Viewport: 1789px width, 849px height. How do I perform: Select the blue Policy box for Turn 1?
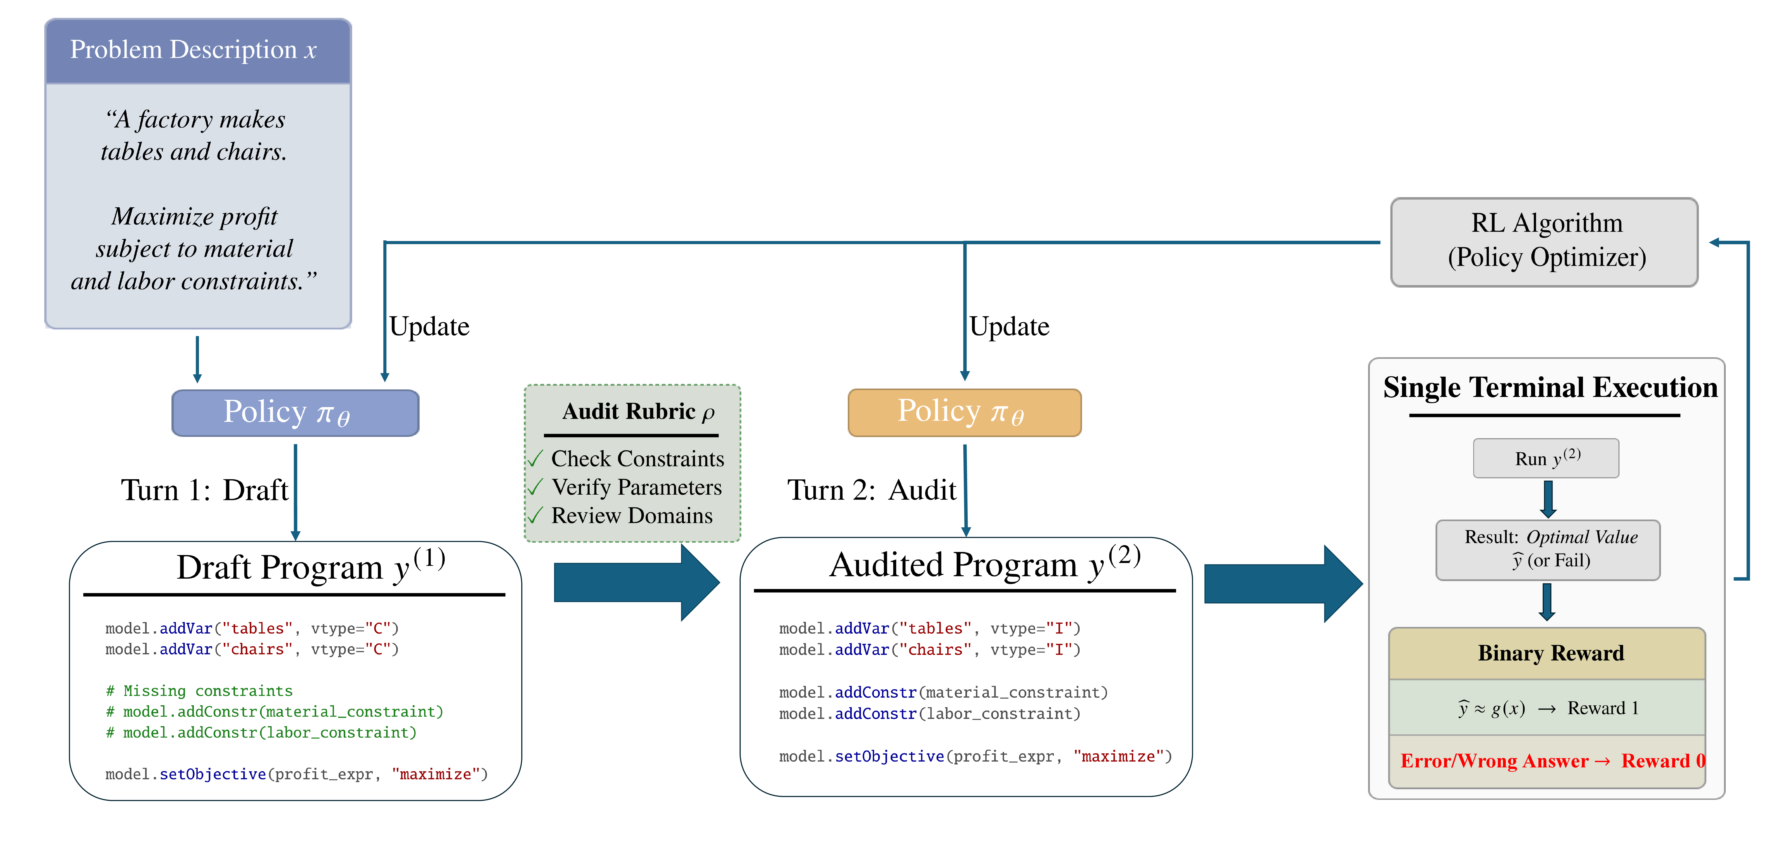[295, 413]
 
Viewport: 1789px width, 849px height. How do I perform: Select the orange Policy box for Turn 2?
[964, 412]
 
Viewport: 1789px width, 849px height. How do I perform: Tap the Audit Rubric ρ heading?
[638, 412]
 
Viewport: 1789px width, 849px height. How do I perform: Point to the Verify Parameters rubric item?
[636, 487]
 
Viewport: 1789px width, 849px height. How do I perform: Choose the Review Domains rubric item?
[631, 516]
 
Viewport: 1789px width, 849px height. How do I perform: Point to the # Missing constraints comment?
[199, 691]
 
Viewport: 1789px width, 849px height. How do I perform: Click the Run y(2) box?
[1546, 458]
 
